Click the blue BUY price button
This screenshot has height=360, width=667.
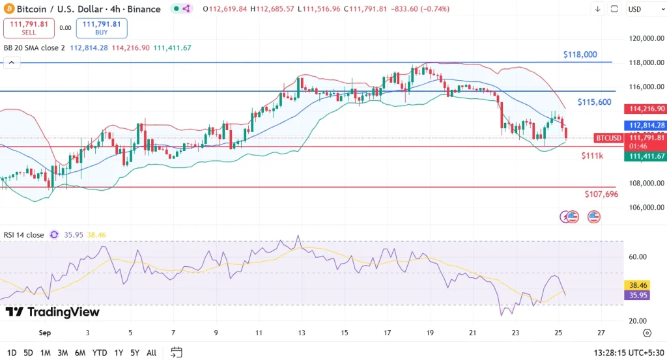(x=102, y=28)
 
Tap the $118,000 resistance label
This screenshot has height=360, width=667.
(x=580, y=55)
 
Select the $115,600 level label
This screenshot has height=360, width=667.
(x=594, y=102)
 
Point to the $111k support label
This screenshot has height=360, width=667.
(x=592, y=156)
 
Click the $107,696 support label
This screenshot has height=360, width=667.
(x=601, y=195)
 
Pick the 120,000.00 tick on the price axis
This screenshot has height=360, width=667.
(x=646, y=38)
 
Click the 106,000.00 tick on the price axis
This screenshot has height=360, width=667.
(x=646, y=208)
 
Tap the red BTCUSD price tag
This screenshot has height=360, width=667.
(x=608, y=138)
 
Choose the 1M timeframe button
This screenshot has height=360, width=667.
(x=46, y=353)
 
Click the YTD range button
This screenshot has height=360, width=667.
(x=100, y=353)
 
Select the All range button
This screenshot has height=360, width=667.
(x=151, y=353)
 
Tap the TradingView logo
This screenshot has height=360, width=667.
(x=53, y=312)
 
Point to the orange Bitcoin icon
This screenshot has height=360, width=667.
(x=8, y=9)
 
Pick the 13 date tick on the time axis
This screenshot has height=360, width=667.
(x=302, y=333)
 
